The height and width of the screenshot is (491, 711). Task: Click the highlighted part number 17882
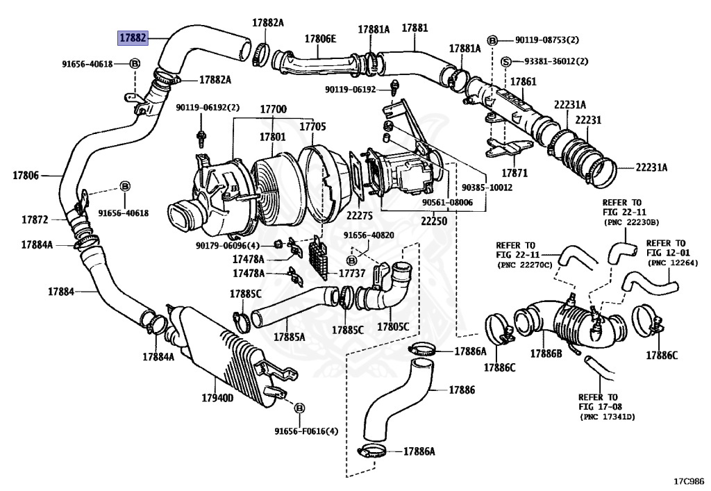(x=133, y=38)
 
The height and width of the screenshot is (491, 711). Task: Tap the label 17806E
(x=320, y=38)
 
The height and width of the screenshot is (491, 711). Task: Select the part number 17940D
(x=217, y=398)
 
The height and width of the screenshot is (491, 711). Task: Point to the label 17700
(x=273, y=109)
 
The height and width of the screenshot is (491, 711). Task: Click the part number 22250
(x=434, y=222)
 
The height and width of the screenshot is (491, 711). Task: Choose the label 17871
(x=515, y=173)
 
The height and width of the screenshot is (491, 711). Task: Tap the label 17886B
(x=546, y=353)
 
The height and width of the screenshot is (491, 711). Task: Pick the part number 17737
(x=352, y=274)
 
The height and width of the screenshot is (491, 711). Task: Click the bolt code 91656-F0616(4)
(x=306, y=431)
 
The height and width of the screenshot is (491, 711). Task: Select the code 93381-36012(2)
(x=556, y=61)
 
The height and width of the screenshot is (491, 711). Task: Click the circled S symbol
(x=506, y=62)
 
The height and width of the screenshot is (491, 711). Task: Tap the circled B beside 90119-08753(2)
(x=492, y=40)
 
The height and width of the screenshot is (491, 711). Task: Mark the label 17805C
(x=393, y=326)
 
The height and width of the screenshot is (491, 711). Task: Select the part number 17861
(x=524, y=82)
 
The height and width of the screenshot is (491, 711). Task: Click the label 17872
(x=35, y=220)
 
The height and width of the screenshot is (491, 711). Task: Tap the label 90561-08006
(x=448, y=203)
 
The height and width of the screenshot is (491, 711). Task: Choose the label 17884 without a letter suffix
(x=61, y=292)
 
